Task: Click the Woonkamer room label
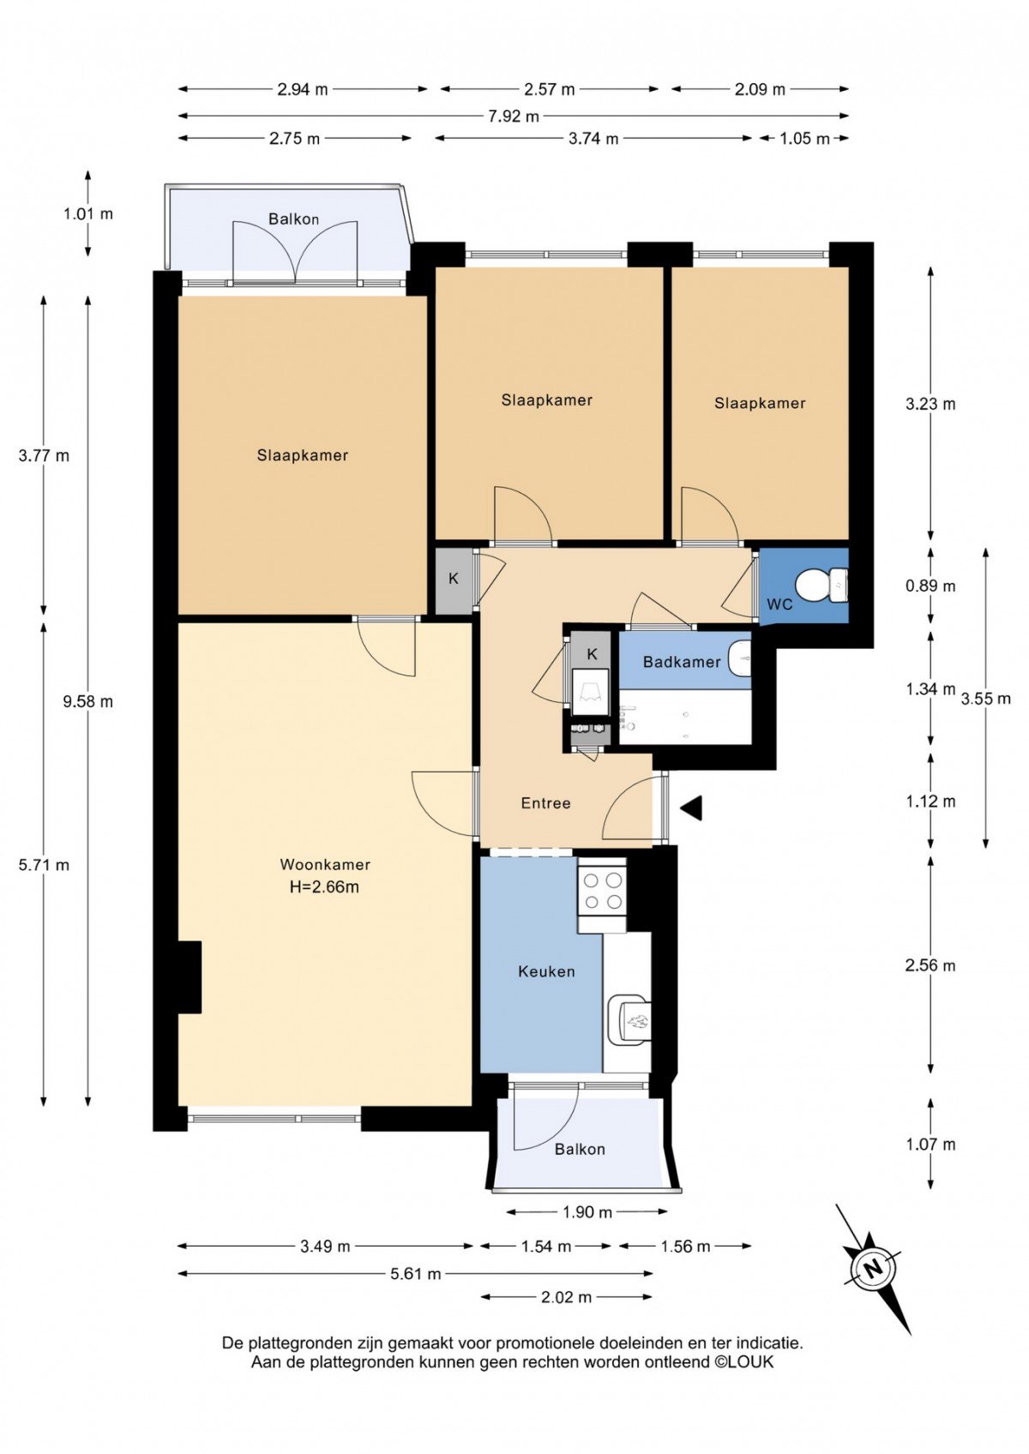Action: click(325, 864)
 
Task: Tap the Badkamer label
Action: click(681, 662)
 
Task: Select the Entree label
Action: click(545, 803)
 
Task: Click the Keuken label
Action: click(546, 971)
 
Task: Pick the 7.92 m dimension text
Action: click(514, 117)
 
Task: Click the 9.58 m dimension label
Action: click(87, 701)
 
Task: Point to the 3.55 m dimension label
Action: click(985, 699)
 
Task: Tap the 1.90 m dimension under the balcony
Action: click(587, 1212)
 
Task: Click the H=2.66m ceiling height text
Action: click(324, 886)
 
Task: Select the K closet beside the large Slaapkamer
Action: click(454, 579)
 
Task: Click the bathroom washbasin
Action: click(739, 658)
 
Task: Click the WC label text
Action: click(779, 604)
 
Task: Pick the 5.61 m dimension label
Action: click(415, 1274)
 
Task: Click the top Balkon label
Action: click(293, 219)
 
